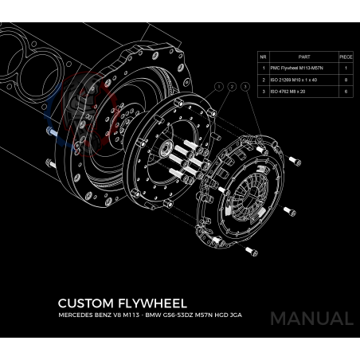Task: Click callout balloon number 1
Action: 219,87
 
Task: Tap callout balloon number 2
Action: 232,87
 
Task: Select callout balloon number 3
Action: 245,87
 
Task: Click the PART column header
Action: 304,57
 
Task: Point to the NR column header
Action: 263,57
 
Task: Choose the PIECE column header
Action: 346,57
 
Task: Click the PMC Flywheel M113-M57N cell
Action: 297,68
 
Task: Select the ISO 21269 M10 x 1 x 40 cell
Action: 294,80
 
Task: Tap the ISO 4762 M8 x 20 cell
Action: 288,92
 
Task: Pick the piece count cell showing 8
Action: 346,80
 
